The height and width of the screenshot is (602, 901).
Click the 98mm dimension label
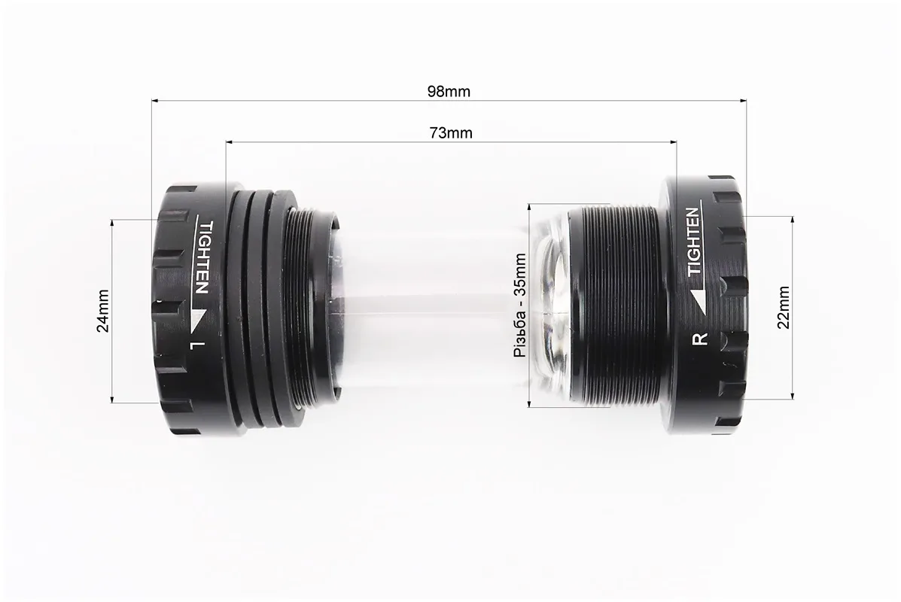[x=449, y=91]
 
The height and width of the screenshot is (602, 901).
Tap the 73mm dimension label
[x=451, y=133]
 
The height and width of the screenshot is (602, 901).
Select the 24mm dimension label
[x=103, y=310]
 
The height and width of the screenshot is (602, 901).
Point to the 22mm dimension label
[x=783, y=307]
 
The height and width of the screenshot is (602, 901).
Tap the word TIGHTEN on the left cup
[x=202, y=257]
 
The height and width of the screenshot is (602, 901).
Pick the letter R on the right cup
[x=701, y=339]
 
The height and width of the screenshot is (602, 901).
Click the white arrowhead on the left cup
[x=198, y=319]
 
